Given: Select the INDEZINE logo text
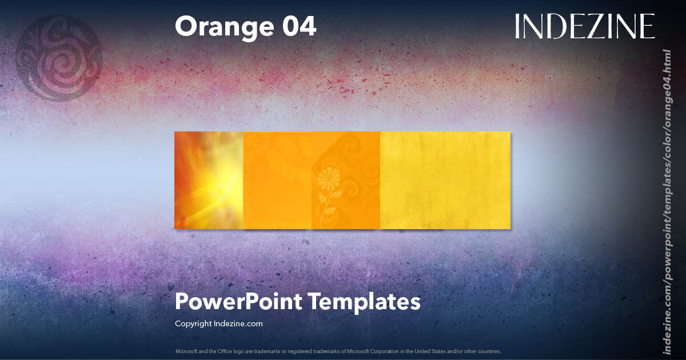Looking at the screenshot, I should [584, 26].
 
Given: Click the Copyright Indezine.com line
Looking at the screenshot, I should [218, 323].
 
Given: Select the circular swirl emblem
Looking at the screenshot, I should [59, 58].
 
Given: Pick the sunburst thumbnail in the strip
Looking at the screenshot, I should [209, 180].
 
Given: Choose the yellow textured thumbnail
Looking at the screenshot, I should [445, 180].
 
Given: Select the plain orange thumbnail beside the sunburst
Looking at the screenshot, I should [277, 180].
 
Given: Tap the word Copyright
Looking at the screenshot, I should [193, 323].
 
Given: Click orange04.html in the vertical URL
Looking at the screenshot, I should [667, 80].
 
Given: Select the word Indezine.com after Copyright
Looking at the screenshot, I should [238, 323].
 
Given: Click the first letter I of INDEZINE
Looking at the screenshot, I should [517, 26].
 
